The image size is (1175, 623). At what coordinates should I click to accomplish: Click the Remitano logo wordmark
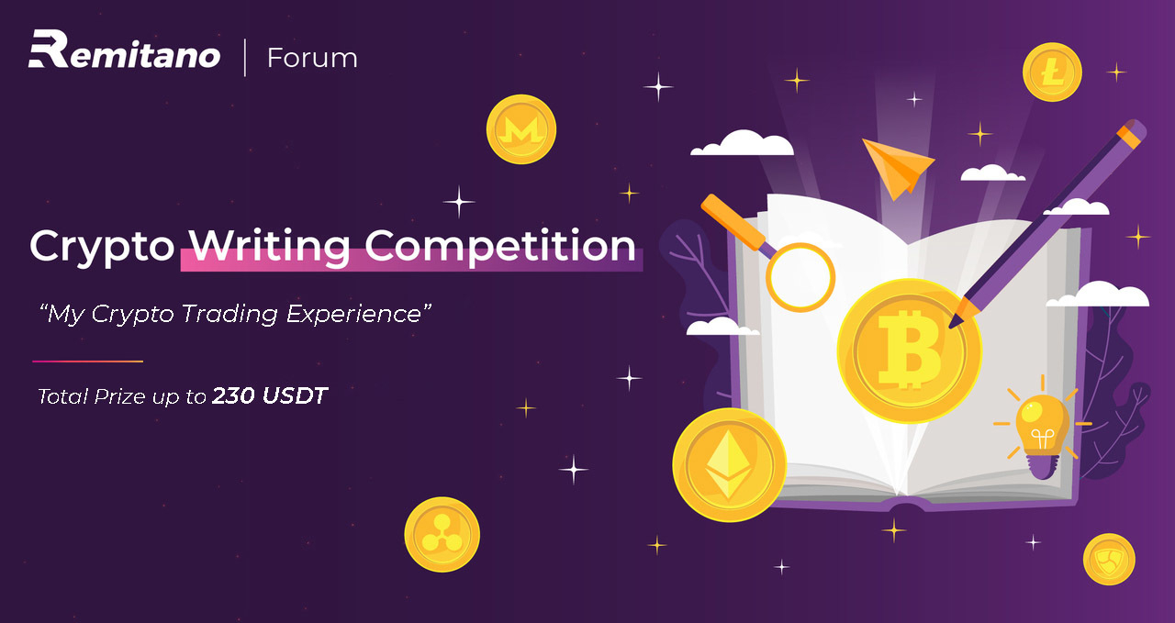(124, 50)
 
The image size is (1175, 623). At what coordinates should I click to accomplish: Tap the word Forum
(312, 58)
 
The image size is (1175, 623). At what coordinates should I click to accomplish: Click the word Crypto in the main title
(102, 247)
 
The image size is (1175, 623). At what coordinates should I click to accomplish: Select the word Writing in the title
(269, 247)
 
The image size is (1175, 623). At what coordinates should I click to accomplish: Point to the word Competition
(500, 247)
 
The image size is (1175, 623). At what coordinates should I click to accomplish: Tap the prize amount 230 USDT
(270, 396)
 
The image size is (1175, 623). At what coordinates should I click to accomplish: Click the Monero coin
(520, 129)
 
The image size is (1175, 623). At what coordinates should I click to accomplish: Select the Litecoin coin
(1052, 72)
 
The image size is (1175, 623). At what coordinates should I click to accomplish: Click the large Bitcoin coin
(909, 350)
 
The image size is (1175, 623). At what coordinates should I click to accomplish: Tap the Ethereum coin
(729, 464)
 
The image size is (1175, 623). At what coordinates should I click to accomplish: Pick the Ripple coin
(442, 534)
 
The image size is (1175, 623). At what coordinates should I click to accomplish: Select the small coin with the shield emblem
(1109, 559)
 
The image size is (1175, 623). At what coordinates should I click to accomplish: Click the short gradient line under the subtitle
(87, 362)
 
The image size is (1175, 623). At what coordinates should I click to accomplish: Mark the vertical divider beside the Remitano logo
(245, 58)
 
